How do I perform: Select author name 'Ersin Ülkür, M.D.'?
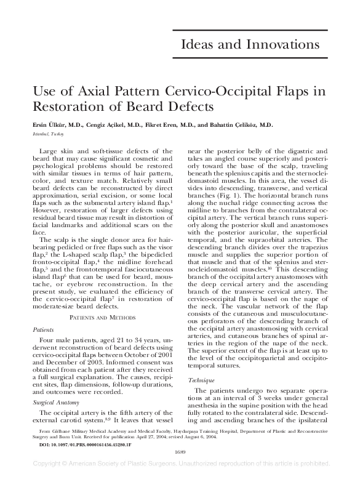[52, 124]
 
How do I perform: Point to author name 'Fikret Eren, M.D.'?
[168, 124]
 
